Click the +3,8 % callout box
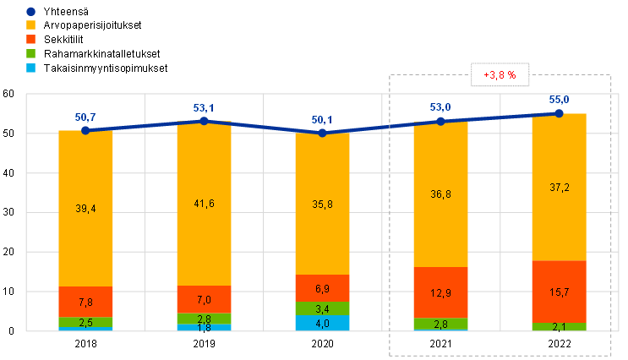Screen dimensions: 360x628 500,75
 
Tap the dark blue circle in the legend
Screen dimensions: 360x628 31,12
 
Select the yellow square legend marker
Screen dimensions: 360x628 31,25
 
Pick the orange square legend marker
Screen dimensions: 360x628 31,39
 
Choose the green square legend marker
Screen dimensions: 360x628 31,53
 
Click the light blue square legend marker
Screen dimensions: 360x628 31,67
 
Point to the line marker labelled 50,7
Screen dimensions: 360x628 85,130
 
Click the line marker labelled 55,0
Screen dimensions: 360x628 559,113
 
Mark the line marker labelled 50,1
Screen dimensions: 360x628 322,133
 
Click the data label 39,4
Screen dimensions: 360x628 85,208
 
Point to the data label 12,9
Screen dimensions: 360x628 440,292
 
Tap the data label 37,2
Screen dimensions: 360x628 559,187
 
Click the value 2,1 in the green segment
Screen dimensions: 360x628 559,327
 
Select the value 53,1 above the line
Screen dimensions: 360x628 204,107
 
